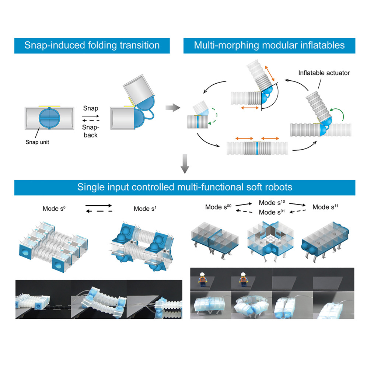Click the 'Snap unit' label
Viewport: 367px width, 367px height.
click(37, 142)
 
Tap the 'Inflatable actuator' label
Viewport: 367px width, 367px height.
click(324, 73)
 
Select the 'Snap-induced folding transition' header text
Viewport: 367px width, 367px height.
click(92, 45)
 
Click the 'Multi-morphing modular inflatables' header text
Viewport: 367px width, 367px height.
click(269, 45)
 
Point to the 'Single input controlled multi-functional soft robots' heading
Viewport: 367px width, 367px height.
click(185, 187)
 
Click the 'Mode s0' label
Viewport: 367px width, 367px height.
click(54, 209)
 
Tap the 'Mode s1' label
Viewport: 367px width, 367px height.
click(145, 209)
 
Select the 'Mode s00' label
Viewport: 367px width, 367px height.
click(218, 207)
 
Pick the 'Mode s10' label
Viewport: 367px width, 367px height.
click(272, 202)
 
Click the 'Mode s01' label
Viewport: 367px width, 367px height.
click(272, 212)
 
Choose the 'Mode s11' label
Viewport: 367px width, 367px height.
click(325, 207)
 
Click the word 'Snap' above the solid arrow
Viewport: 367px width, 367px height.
click(91, 108)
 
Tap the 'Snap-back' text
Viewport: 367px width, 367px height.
click(91, 131)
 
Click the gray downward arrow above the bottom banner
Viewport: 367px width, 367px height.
click(185, 164)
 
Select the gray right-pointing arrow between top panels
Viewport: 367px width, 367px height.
click(173, 108)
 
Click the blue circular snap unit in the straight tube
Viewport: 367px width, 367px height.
click(49, 118)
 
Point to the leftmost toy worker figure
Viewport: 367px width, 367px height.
click(202, 279)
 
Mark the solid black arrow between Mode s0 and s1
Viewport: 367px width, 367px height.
click(98, 206)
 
